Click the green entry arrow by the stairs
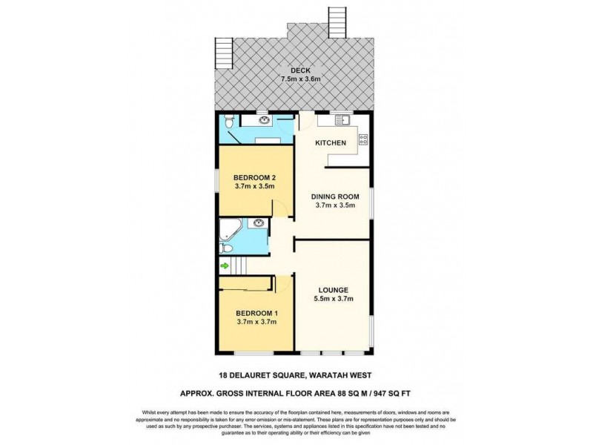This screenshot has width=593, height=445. pos(224,266)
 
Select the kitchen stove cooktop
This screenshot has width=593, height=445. pos(363,137)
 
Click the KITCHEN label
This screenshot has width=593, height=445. pos(329,142)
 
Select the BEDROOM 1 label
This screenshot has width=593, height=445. pos(254,312)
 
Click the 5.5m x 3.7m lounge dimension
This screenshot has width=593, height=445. pos(334,299)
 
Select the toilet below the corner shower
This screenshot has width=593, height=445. pos(228,248)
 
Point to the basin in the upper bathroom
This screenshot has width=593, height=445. pos(263,119)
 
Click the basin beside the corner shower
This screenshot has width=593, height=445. pos(257,222)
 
